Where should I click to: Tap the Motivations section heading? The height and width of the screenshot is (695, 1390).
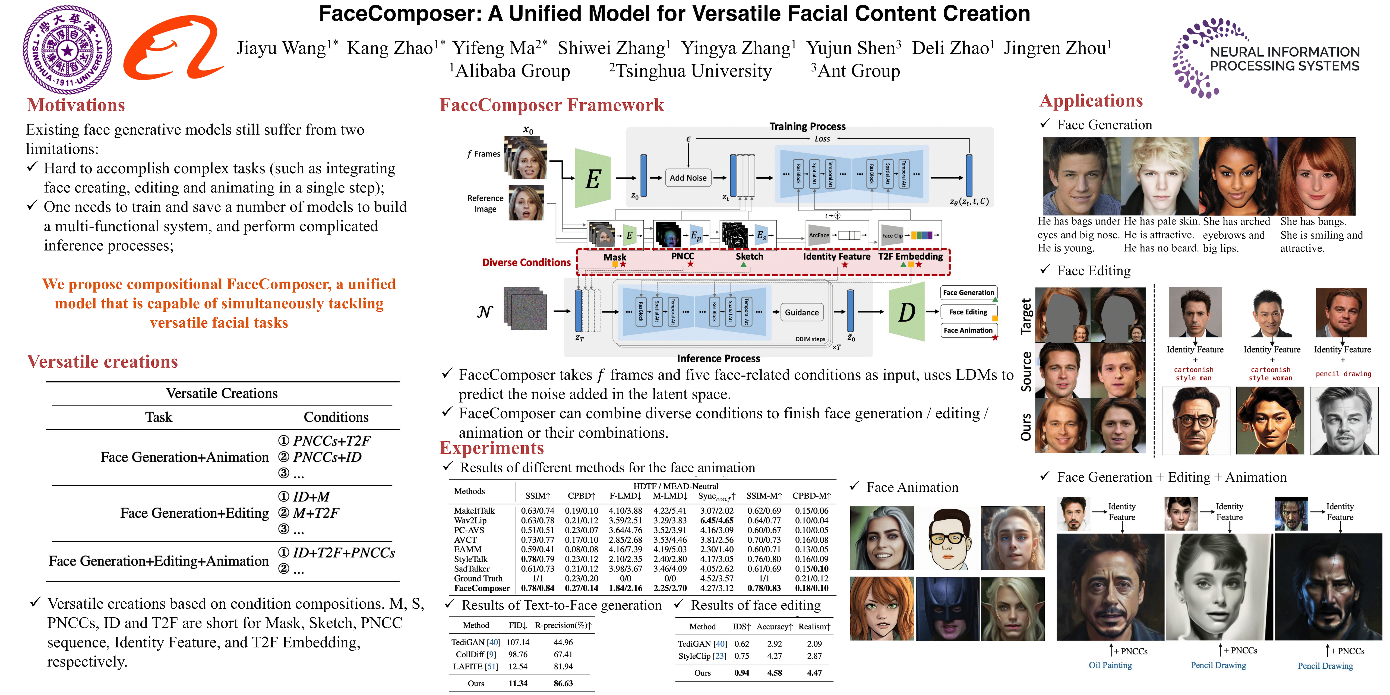pyautogui.click(x=76, y=105)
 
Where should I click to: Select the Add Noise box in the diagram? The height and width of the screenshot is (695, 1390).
pyautogui.click(x=688, y=178)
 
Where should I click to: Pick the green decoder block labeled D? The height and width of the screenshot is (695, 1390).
pyautogui.click(x=906, y=312)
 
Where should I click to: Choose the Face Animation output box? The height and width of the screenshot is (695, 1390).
pyautogui.click(x=968, y=330)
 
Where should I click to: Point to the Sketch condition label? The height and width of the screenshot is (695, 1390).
pyautogui.click(x=750, y=256)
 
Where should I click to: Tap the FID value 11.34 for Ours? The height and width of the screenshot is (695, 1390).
pyautogui.click(x=517, y=683)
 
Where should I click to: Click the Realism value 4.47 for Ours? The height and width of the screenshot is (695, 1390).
pyautogui.click(x=814, y=673)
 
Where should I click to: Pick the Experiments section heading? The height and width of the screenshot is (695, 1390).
pyautogui.click(x=492, y=448)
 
